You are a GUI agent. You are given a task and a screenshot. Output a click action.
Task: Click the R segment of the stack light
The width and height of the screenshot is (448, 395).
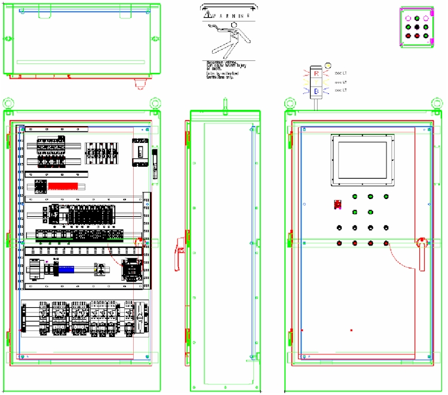pos(317,73)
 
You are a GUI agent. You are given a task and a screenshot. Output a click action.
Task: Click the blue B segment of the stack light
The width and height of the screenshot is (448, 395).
pos(317,91)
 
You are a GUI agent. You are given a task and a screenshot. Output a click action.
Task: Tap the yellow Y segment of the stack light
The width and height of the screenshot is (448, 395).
pos(317,82)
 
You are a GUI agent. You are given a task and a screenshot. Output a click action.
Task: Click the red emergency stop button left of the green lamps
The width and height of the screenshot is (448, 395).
pos(337,205)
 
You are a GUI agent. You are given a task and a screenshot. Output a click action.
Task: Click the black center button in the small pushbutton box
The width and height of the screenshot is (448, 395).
pos(416,27)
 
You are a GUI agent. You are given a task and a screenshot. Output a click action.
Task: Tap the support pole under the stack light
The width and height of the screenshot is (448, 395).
pos(317,103)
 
